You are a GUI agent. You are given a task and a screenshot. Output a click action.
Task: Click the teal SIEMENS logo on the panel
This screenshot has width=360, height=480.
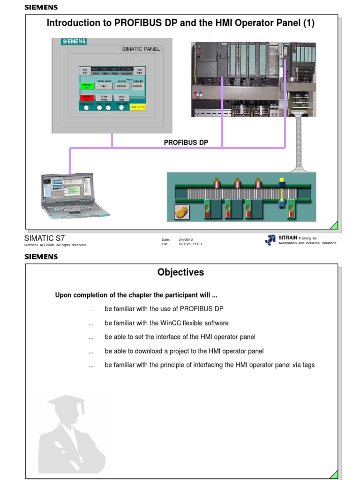point(74,42)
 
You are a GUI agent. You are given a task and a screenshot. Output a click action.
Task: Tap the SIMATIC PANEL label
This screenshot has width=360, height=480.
point(141,49)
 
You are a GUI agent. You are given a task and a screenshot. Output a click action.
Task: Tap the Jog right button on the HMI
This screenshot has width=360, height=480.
point(139,71)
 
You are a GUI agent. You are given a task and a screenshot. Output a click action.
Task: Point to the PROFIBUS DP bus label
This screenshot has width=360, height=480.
point(186,142)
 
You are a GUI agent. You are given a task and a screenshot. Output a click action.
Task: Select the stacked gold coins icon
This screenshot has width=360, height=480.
point(181,212)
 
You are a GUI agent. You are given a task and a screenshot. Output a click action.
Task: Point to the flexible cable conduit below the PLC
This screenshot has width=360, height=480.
point(298,141)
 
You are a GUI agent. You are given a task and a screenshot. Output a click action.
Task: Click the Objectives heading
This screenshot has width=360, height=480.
point(180,272)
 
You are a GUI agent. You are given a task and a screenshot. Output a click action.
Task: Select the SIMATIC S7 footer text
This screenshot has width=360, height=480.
point(45,238)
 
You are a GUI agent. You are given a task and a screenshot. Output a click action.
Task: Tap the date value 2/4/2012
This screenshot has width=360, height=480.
point(186,239)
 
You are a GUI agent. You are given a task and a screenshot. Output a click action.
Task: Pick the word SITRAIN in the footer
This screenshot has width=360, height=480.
point(288,238)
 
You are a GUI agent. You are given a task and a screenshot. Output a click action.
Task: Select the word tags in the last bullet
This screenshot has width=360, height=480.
point(308,365)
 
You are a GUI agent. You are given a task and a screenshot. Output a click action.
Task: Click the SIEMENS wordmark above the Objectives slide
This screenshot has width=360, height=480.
point(41,256)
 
